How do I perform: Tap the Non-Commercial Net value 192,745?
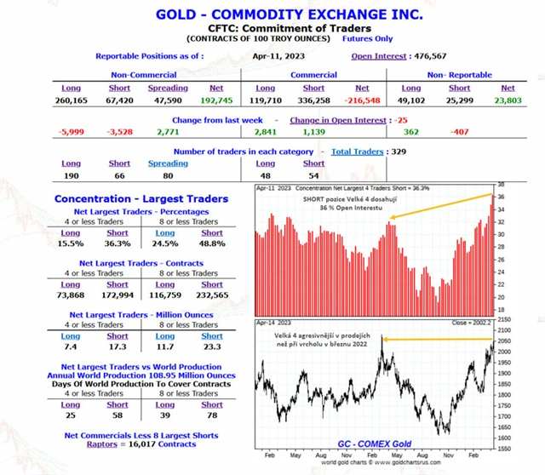[x=216, y=100]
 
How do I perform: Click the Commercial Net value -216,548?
[x=362, y=100]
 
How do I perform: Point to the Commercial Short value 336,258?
[x=313, y=100]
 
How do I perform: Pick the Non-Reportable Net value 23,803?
[x=508, y=100]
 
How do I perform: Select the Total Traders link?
[x=356, y=151]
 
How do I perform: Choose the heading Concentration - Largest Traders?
[x=141, y=198]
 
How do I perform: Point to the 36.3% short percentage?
[x=118, y=244]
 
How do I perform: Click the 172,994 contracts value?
[x=118, y=295]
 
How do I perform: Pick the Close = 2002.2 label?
[x=471, y=323]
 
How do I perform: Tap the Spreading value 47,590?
[x=168, y=100]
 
